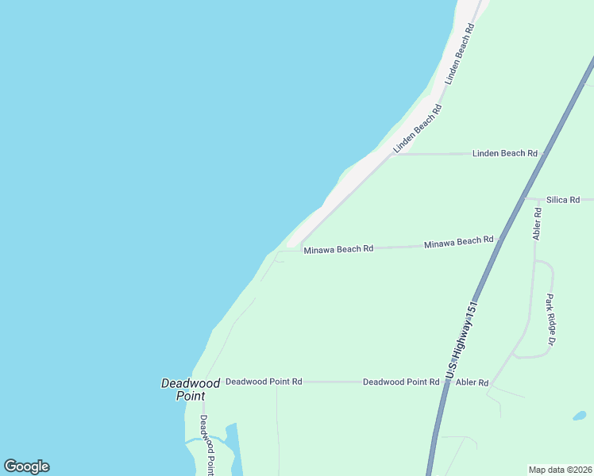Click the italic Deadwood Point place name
(191, 389)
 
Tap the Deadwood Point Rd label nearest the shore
(264, 382)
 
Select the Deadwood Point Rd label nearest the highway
(401, 382)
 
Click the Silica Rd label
(563, 200)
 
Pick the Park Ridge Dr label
(549, 320)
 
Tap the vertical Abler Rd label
(538, 224)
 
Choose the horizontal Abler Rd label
(472, 382)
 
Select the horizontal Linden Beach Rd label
(505, 153)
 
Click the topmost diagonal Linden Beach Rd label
(460, 54)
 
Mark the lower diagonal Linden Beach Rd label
(417, 129)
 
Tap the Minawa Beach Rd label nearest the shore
(338, 249)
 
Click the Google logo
(26, 466)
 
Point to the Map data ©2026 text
(560, 470)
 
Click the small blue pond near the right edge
(580, 415)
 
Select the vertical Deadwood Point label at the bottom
(206, 445)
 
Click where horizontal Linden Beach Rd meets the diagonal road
(391, 155)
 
